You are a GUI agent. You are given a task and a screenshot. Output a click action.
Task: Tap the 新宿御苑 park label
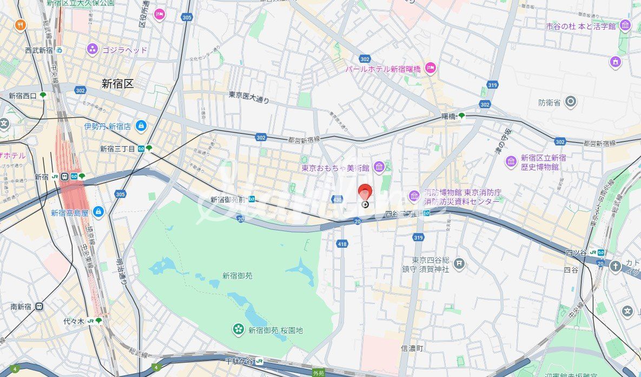point(237,275)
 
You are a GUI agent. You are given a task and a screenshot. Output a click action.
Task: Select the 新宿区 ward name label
point(117,84)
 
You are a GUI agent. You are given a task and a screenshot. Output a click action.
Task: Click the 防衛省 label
point(549,102)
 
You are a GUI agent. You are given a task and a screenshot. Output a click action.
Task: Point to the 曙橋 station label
point(449,116)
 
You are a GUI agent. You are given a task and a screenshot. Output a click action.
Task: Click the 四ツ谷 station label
point(577,252)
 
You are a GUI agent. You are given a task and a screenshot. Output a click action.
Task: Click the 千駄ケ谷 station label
point(240,361)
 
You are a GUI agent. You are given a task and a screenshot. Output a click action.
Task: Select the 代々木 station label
point(74,321)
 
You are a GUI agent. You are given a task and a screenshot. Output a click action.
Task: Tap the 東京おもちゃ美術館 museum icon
point(378,167)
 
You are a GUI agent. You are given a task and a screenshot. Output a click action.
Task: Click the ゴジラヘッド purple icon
point(92,50)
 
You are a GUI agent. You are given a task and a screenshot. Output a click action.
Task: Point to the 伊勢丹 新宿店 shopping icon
point(141,126)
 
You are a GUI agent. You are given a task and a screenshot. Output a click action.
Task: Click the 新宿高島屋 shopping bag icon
point(98,212)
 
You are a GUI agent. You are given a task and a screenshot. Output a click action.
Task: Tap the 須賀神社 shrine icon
point(459,263)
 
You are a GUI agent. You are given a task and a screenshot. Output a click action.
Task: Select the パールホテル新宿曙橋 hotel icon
point(431,68)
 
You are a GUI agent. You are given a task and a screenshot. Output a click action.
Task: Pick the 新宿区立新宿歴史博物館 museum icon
point(511,162)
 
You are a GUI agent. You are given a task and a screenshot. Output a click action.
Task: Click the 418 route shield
point(342,244)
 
